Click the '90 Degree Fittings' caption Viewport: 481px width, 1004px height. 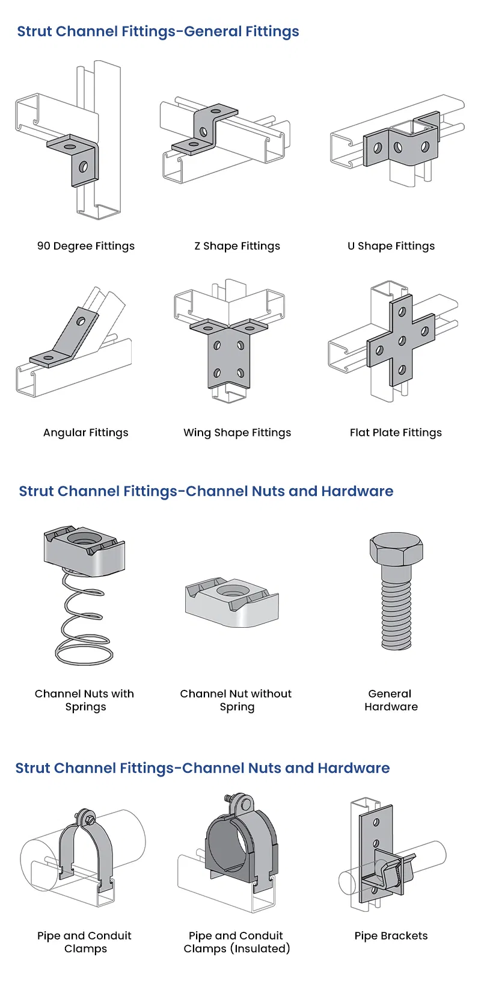[86, 246]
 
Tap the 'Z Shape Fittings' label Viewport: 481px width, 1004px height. [237, 246]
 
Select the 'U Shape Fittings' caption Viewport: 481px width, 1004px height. [391, 246]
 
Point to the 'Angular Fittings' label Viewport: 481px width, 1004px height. [86, 432]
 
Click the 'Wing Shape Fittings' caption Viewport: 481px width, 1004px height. [237, 432]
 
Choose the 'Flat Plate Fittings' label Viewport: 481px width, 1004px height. [396, 432]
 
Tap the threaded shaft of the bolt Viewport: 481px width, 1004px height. [396, 608]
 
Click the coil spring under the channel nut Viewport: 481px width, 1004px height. [84, 620]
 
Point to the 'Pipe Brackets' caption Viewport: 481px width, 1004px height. [391, 935]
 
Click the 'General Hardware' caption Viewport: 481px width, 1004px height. [391, 700]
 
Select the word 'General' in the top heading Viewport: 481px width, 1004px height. [211, 31]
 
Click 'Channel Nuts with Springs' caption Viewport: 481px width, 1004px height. [85, 700]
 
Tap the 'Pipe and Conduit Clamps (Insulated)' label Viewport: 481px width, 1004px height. [236, 942]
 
